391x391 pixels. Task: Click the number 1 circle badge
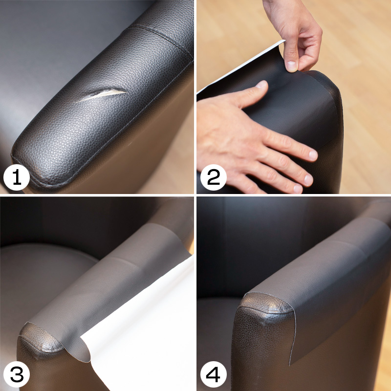[x=17, y=177]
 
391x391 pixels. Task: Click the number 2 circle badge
[x=213, y=177]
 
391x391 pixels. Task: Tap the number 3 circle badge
[x=17, y=374]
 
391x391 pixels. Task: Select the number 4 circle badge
[x=213, y=374]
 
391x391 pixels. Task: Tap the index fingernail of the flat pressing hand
[x=261, y=84]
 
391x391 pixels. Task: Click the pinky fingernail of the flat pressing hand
[x=298, y=189]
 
